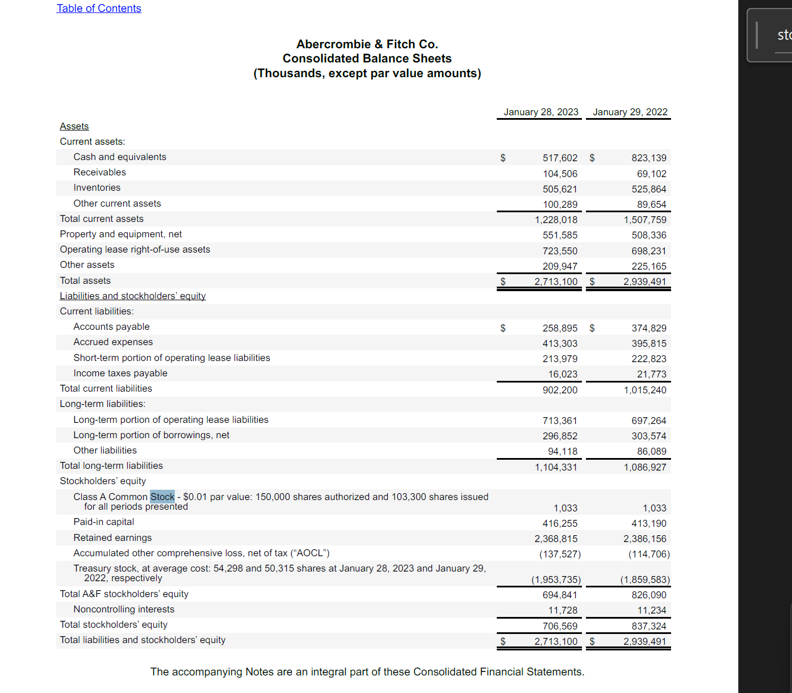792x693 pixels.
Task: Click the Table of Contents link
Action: (x=99, y=9)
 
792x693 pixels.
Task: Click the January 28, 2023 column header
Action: (x=540, y=112)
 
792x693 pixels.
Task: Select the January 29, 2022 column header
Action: (x=630, y=112)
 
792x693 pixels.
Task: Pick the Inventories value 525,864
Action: (x=648, y=189)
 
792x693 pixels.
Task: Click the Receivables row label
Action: (x=99, y=172)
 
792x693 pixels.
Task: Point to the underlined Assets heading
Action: (x=74, y=126)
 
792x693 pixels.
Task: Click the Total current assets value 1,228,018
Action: (x=556, y=220)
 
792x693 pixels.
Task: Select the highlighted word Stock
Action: (x=162, y=497)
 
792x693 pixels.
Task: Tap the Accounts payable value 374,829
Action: (x=648, y=328)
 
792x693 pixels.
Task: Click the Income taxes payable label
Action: (x=120, y=373)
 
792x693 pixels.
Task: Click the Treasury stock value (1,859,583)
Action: (x=644, y=579)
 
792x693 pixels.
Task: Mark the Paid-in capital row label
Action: (x=104, y=522)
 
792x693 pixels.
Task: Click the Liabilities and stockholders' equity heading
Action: (x=133, y=296)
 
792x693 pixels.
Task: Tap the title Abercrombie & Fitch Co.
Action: (x=367, y=44)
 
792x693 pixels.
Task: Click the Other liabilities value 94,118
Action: (x=562, y=451)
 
